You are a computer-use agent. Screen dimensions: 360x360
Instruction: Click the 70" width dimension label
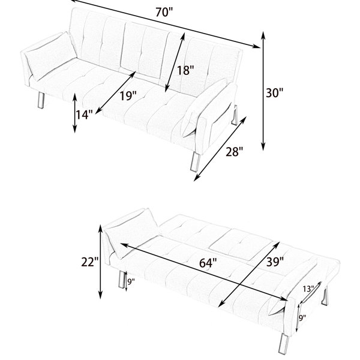tap(164, 13)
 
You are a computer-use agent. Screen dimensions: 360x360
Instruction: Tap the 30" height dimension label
tap(275, 93)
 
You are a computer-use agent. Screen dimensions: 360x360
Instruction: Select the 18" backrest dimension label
tap(185, 70)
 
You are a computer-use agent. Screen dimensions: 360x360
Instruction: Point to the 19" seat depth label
tap(128, 95)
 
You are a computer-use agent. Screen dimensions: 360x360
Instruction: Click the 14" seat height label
tap(85, 115)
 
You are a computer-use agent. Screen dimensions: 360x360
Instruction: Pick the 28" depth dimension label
tap(234, 152)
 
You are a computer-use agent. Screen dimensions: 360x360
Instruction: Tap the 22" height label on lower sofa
tap(90, 262)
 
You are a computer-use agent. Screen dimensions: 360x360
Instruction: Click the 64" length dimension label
tap(208, 263)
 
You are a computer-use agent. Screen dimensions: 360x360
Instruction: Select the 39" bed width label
tap(275, 262)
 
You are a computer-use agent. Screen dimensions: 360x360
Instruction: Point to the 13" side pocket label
tap(308, 289)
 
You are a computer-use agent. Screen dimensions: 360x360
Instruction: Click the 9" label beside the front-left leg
tap(131, 282)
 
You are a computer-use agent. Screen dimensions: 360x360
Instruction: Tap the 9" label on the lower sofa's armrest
tap(302, 318)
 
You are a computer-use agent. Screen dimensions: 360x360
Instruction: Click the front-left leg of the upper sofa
tap(41, 100)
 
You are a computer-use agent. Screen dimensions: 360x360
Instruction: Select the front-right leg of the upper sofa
tap(195, 161)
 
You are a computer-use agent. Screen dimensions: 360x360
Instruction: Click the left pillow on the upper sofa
tap(51, 56)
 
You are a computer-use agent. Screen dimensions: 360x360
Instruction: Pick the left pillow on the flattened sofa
tap(131, 233)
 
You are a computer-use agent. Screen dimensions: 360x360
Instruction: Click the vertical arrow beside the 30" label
tap(263, 91)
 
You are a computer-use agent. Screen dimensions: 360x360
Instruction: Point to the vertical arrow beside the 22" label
tap(100, 262)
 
